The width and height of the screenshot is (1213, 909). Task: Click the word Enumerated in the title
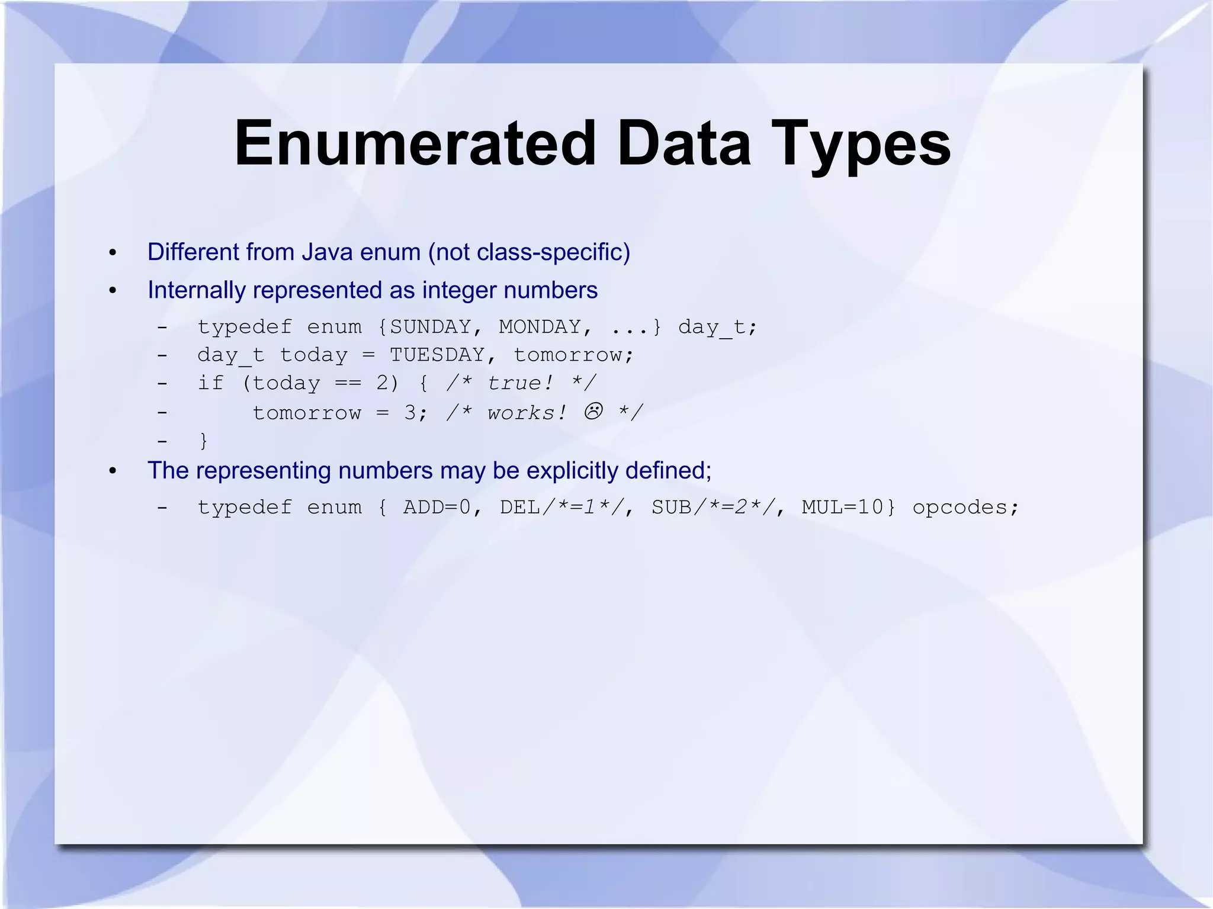415,143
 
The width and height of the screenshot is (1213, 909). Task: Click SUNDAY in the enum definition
431,326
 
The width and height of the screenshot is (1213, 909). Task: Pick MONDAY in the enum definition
540,326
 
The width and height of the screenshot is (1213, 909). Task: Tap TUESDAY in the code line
437,355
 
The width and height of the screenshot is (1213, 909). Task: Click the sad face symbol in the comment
593,411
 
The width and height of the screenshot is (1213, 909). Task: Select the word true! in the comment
520,383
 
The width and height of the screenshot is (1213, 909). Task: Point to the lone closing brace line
203,440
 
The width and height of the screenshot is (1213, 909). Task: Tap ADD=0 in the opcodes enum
437,508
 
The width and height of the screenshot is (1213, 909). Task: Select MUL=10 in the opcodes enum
842,508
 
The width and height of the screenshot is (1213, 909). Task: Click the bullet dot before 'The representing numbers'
113,472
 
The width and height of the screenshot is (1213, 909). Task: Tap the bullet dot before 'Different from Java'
113,253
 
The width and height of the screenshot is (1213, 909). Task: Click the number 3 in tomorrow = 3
410,413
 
